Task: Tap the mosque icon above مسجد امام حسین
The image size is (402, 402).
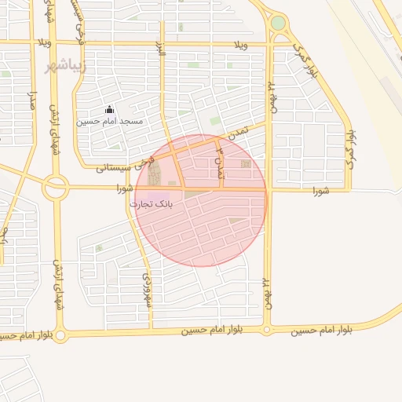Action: (109, 109)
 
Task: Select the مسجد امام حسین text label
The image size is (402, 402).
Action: (109, 122)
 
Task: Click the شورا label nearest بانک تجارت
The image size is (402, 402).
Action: (124, 188)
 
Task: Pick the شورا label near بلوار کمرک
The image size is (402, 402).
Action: (322, 191)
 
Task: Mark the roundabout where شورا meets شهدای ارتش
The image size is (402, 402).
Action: (56, 188)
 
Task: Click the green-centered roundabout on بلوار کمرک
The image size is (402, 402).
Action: (278, 23)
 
